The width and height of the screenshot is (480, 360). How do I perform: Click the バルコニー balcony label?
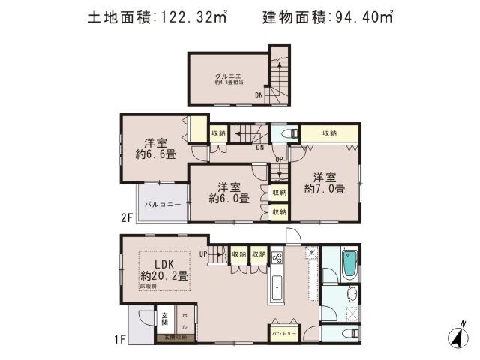tap(160, 204)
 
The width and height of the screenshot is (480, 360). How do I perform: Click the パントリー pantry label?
tap(284, 331)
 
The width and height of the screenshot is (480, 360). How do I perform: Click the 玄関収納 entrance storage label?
tap(175, 338)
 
